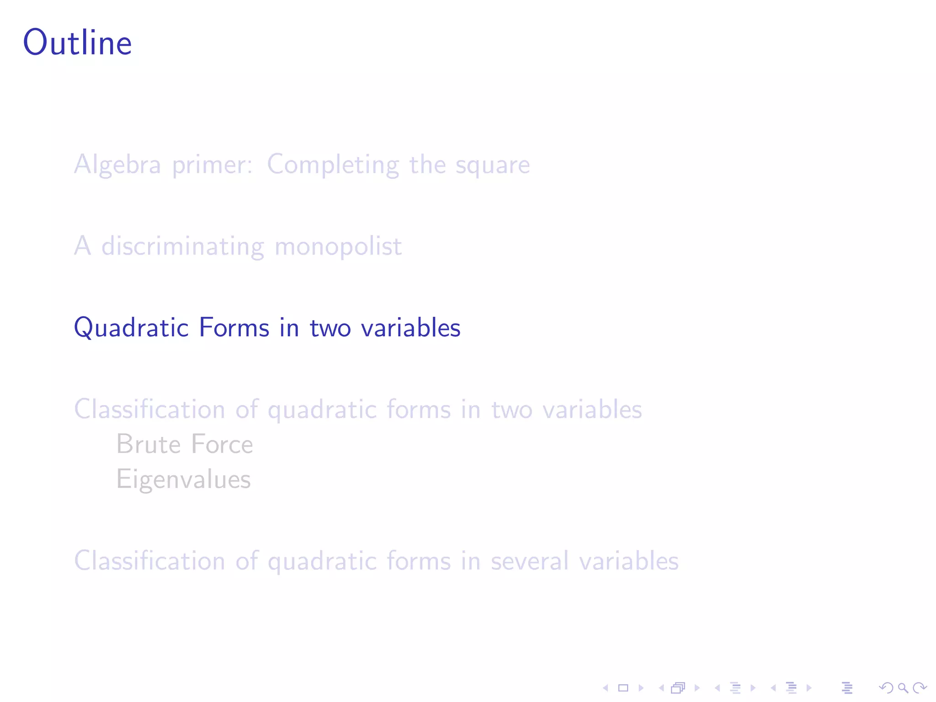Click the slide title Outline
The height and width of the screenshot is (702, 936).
77,43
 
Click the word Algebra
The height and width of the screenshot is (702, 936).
117,164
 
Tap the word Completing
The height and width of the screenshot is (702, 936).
333,165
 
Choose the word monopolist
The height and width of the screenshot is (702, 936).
338,247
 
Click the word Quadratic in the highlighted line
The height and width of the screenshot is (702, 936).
131,328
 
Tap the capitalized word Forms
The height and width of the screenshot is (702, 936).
234,327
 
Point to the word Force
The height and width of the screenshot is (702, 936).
222,444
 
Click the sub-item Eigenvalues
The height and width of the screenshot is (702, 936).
184,480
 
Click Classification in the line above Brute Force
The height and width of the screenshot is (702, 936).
149,409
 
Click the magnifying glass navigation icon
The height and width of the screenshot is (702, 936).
903,687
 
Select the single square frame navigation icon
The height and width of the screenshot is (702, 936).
623,687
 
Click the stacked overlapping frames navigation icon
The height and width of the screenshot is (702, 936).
678,687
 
